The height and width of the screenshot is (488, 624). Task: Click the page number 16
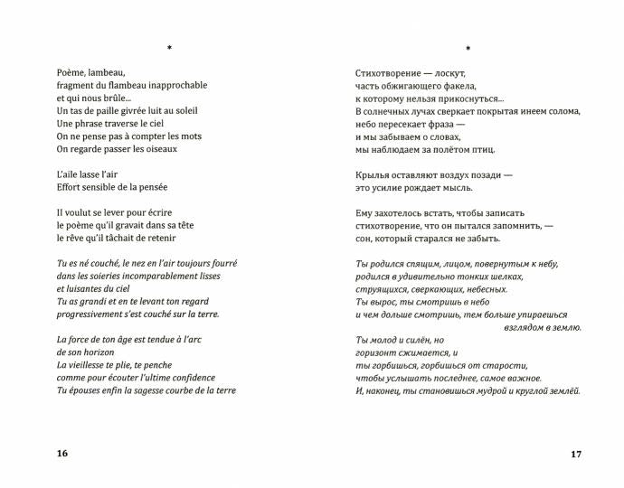point(61,453)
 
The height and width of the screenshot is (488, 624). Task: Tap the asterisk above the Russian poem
point(468,48)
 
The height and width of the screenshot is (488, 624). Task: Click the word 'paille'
point(106,110)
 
